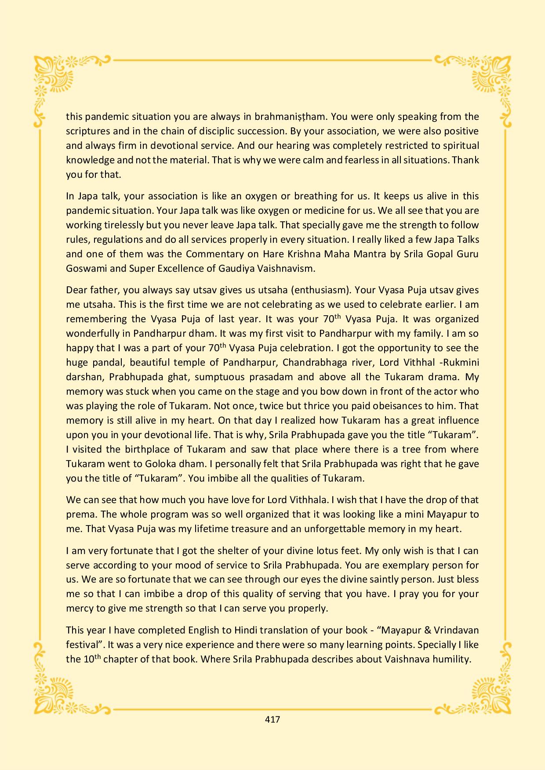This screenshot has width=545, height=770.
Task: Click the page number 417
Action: pyautogui.click(x=272, y=720)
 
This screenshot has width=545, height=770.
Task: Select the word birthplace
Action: pyautogui.click(x=155, y=449)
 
